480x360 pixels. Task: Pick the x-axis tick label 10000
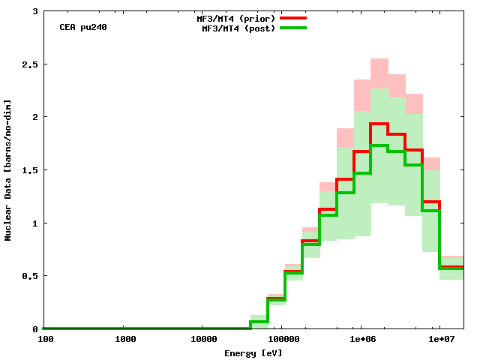point(203,340)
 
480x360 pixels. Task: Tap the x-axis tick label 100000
point(282,340)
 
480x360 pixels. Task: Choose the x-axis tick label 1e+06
point(361,340)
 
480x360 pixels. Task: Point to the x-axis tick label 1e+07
point(439,340)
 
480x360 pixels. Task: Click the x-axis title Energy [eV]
point(253,352)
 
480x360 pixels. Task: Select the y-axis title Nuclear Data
point(8,170)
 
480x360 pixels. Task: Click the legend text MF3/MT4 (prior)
point(234,17)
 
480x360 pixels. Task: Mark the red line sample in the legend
point(293,17)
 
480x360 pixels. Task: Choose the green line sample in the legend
point(293,28)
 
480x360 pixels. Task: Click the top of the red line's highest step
point(379,124)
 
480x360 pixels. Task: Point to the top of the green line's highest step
point(379,145)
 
